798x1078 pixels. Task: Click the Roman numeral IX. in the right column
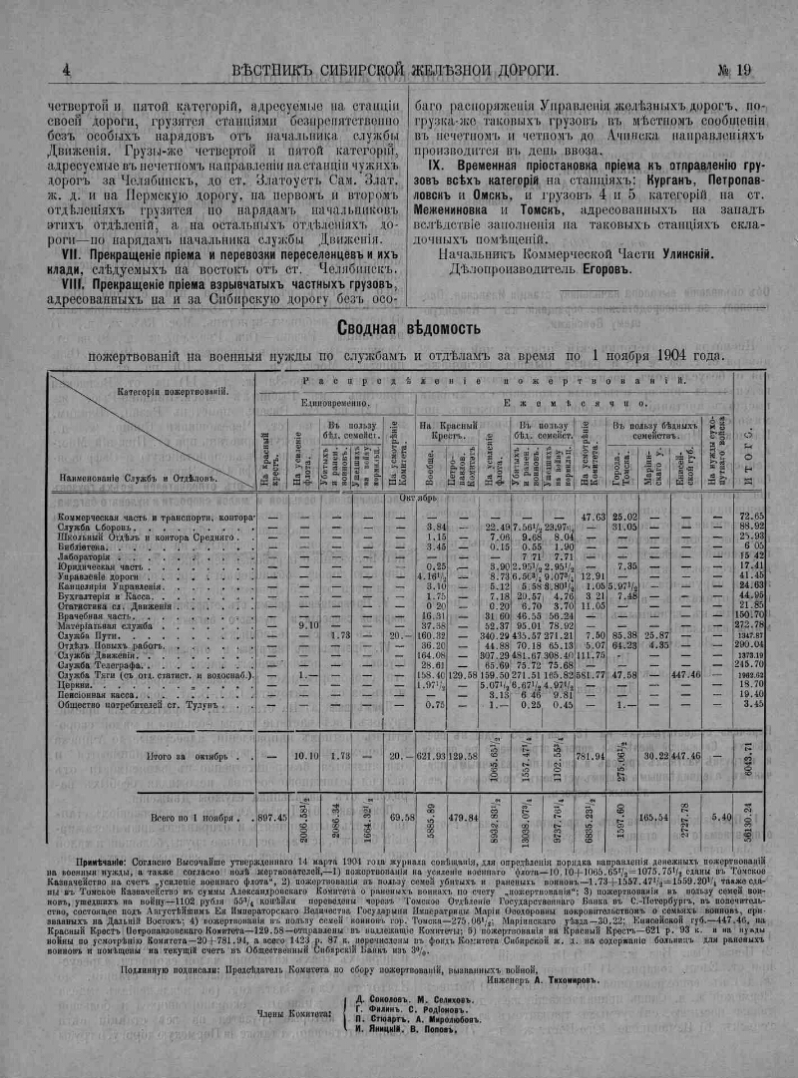point(436,164)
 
